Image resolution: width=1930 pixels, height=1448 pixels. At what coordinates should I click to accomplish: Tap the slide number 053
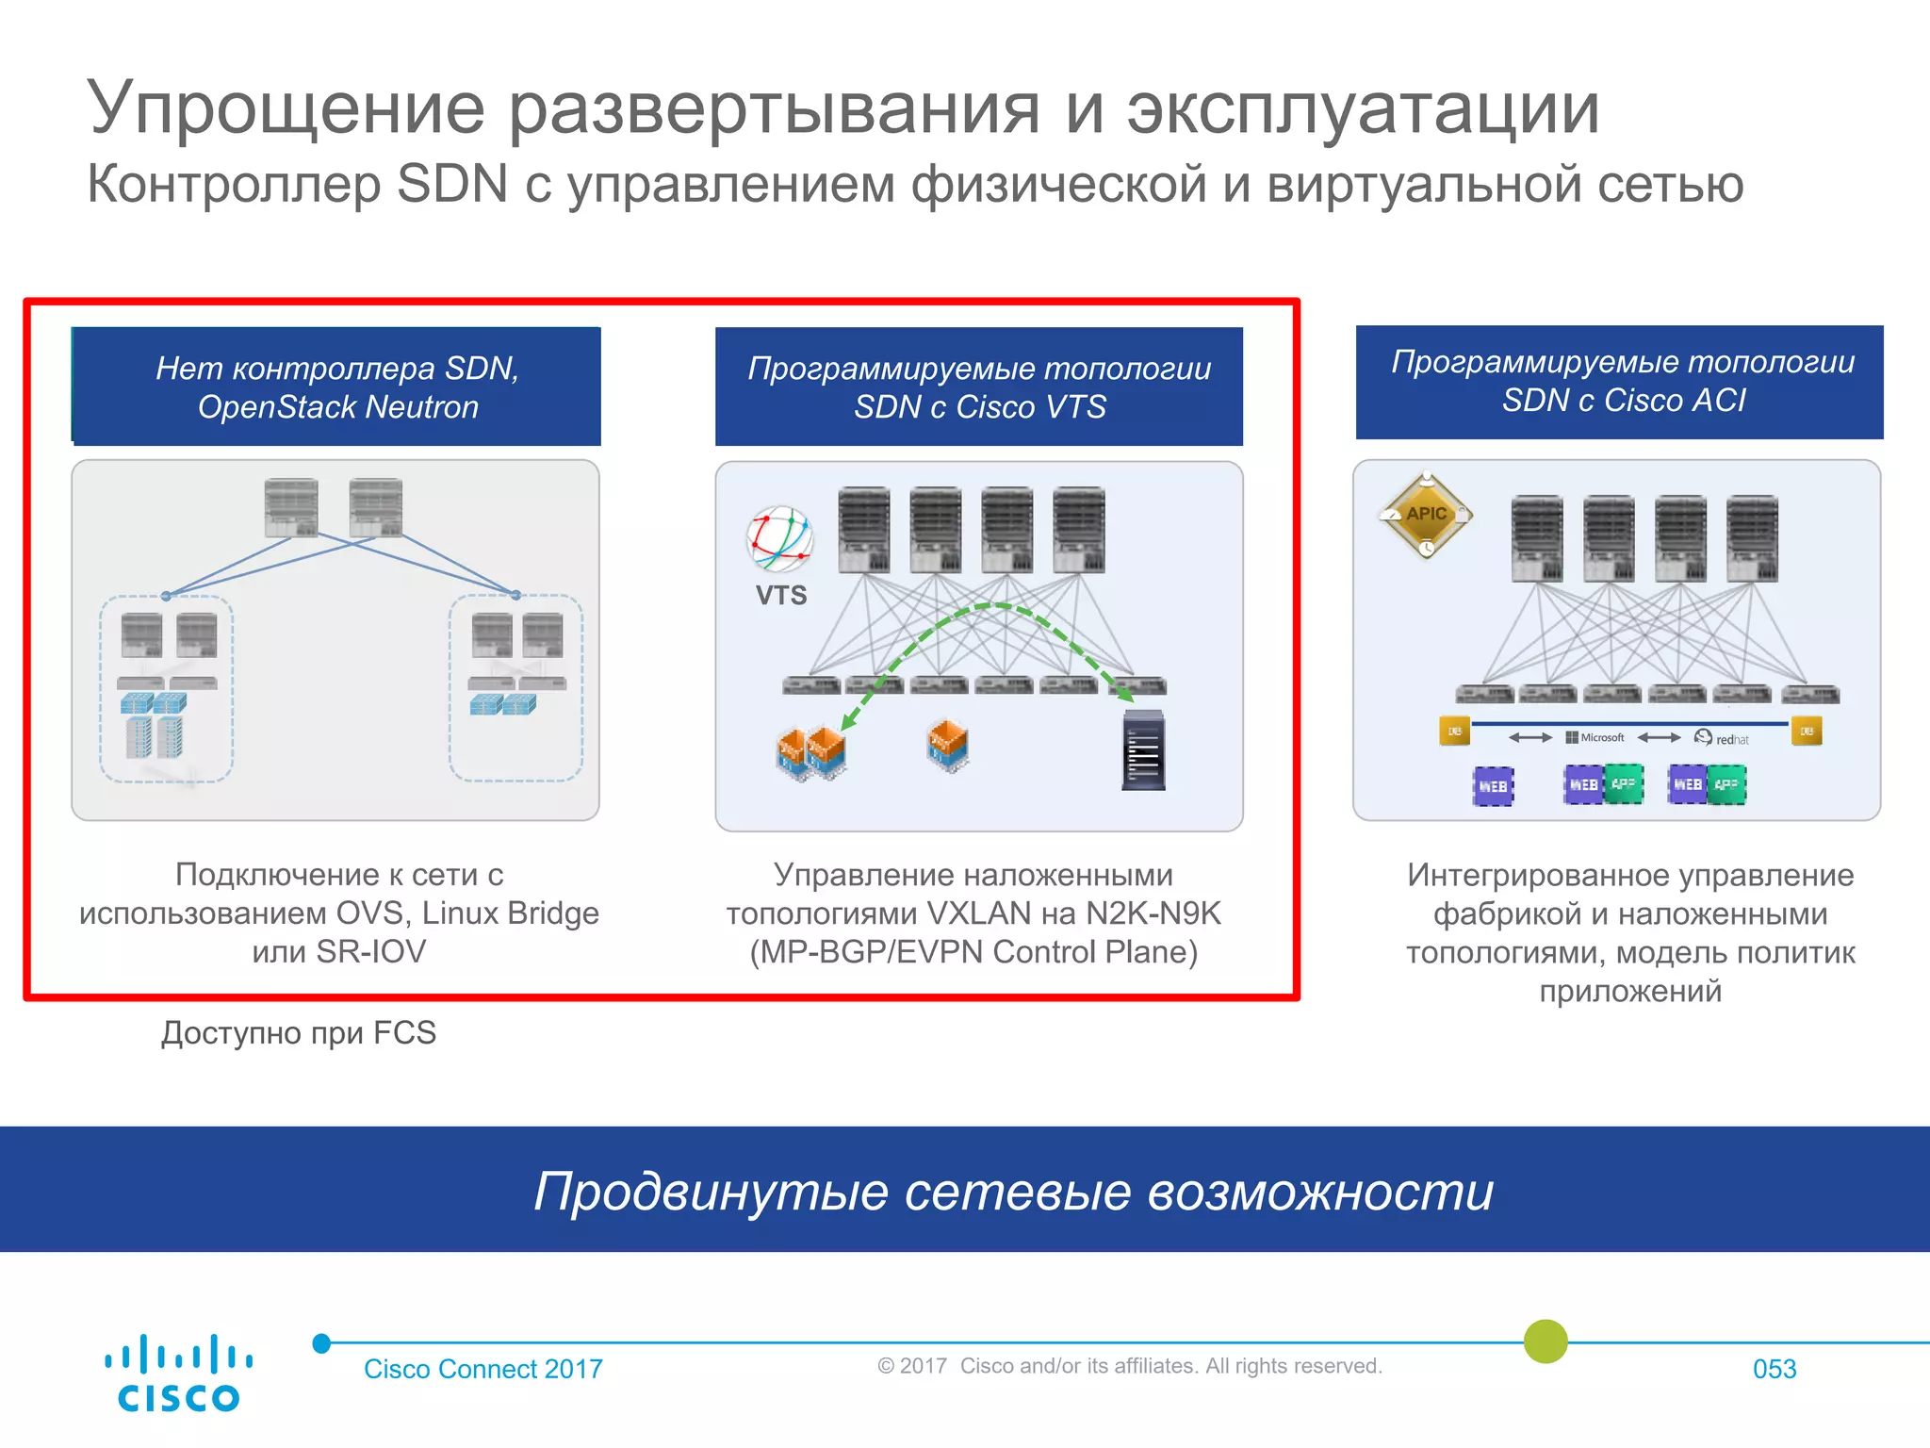click(1774, 1369)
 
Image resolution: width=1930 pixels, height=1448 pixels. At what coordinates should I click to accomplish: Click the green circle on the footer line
click(1546, 1341)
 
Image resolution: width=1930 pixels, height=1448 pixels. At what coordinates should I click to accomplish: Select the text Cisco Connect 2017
click(482, 1369)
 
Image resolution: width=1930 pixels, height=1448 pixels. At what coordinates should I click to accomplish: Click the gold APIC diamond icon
click(1426, 515)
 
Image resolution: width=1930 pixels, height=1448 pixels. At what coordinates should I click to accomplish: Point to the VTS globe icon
click(780, 539)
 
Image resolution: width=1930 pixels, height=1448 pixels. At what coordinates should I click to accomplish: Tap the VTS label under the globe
click(781, 596)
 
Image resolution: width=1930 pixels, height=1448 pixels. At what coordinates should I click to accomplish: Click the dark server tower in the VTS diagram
click(1144, 750)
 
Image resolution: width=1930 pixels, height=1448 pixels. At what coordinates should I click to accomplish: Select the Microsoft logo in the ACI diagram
click(1595, 737)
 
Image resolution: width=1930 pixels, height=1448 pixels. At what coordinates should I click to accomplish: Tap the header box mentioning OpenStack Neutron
click(336, 387)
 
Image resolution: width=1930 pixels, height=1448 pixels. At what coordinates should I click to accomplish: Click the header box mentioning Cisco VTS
click(979, 387)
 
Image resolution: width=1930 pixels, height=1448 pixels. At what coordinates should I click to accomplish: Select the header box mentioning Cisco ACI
click(1620, 382)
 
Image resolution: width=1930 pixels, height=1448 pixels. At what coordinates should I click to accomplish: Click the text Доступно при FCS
click(299, 1033)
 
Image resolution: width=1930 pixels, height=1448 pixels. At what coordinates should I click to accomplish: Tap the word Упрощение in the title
click(286, 109)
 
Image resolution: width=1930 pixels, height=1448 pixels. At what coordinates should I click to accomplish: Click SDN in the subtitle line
click(451, 184)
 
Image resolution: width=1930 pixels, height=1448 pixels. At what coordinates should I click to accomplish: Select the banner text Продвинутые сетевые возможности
click(1013, 1191)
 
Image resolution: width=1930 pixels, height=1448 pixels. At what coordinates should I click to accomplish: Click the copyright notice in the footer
click(1129, 1366)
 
